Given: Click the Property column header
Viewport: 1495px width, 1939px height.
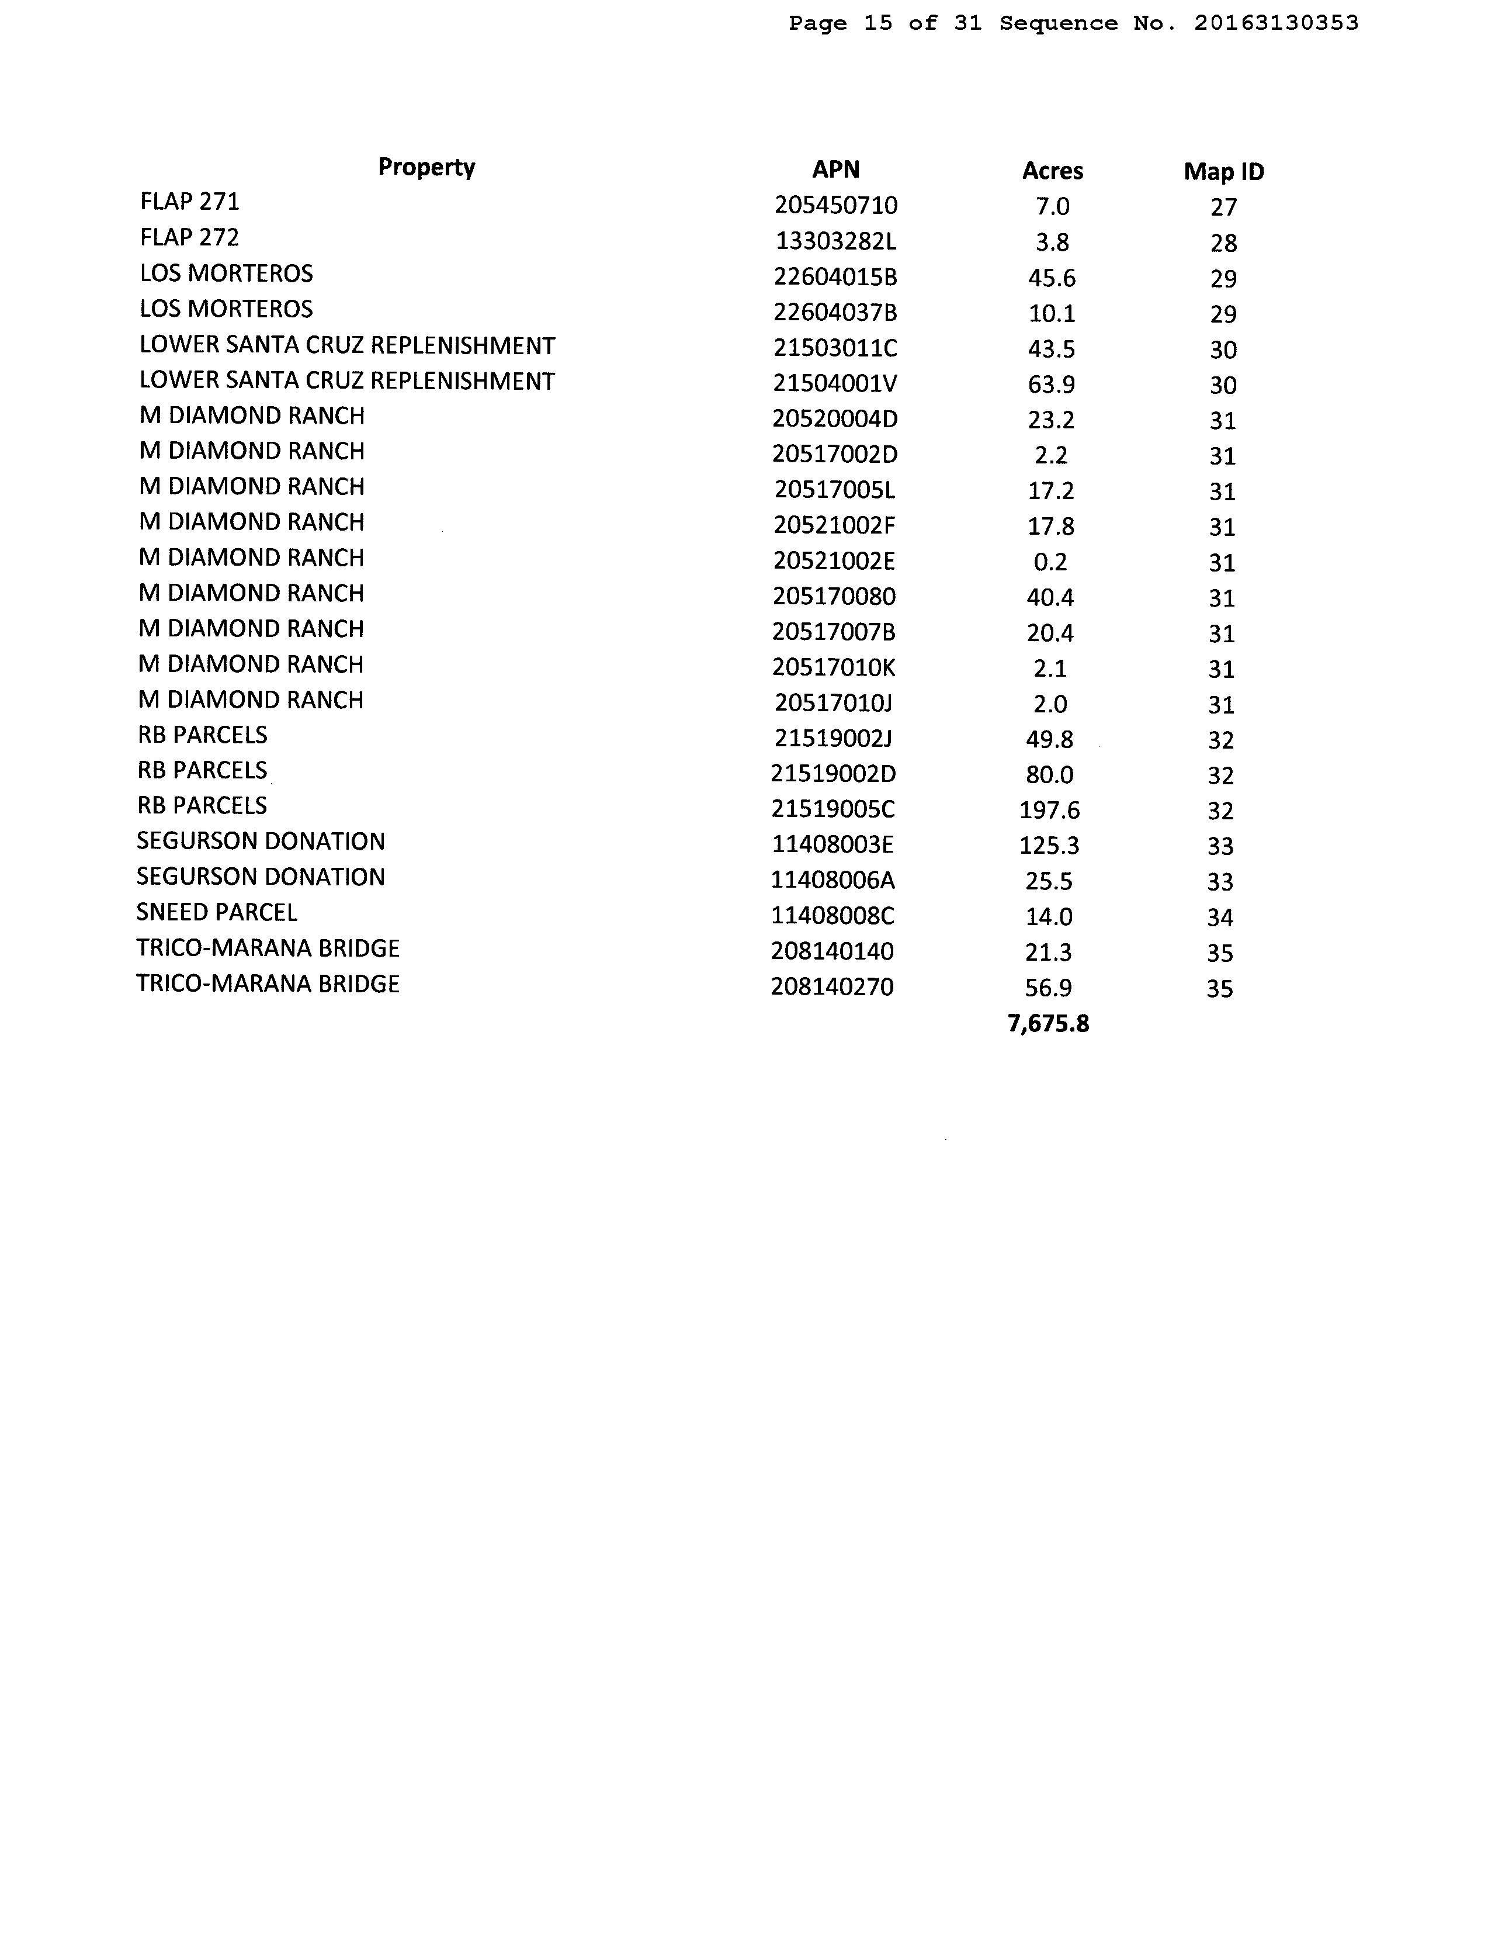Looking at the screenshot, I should (x=426, y=167).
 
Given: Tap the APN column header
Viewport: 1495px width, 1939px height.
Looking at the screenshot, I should (x=835, y=169).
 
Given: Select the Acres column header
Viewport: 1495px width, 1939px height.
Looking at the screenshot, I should (x=1052, y=171).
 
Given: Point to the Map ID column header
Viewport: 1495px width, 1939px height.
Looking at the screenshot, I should (x=1223, y=171).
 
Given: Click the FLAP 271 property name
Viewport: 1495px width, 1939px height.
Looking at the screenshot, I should (x=190, y=202).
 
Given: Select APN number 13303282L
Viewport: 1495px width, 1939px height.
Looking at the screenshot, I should (x=835, y=241).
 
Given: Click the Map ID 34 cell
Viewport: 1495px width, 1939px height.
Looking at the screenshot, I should (x=1220, y=917).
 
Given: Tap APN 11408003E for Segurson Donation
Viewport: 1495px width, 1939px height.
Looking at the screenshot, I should (x=832, y=845).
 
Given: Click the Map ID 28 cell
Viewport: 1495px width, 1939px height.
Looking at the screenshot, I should (x=1223, y=243).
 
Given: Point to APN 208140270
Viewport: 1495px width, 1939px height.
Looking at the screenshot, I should (x=832, y=987).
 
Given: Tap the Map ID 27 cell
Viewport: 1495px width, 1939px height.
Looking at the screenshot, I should (x=1223, y=207).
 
